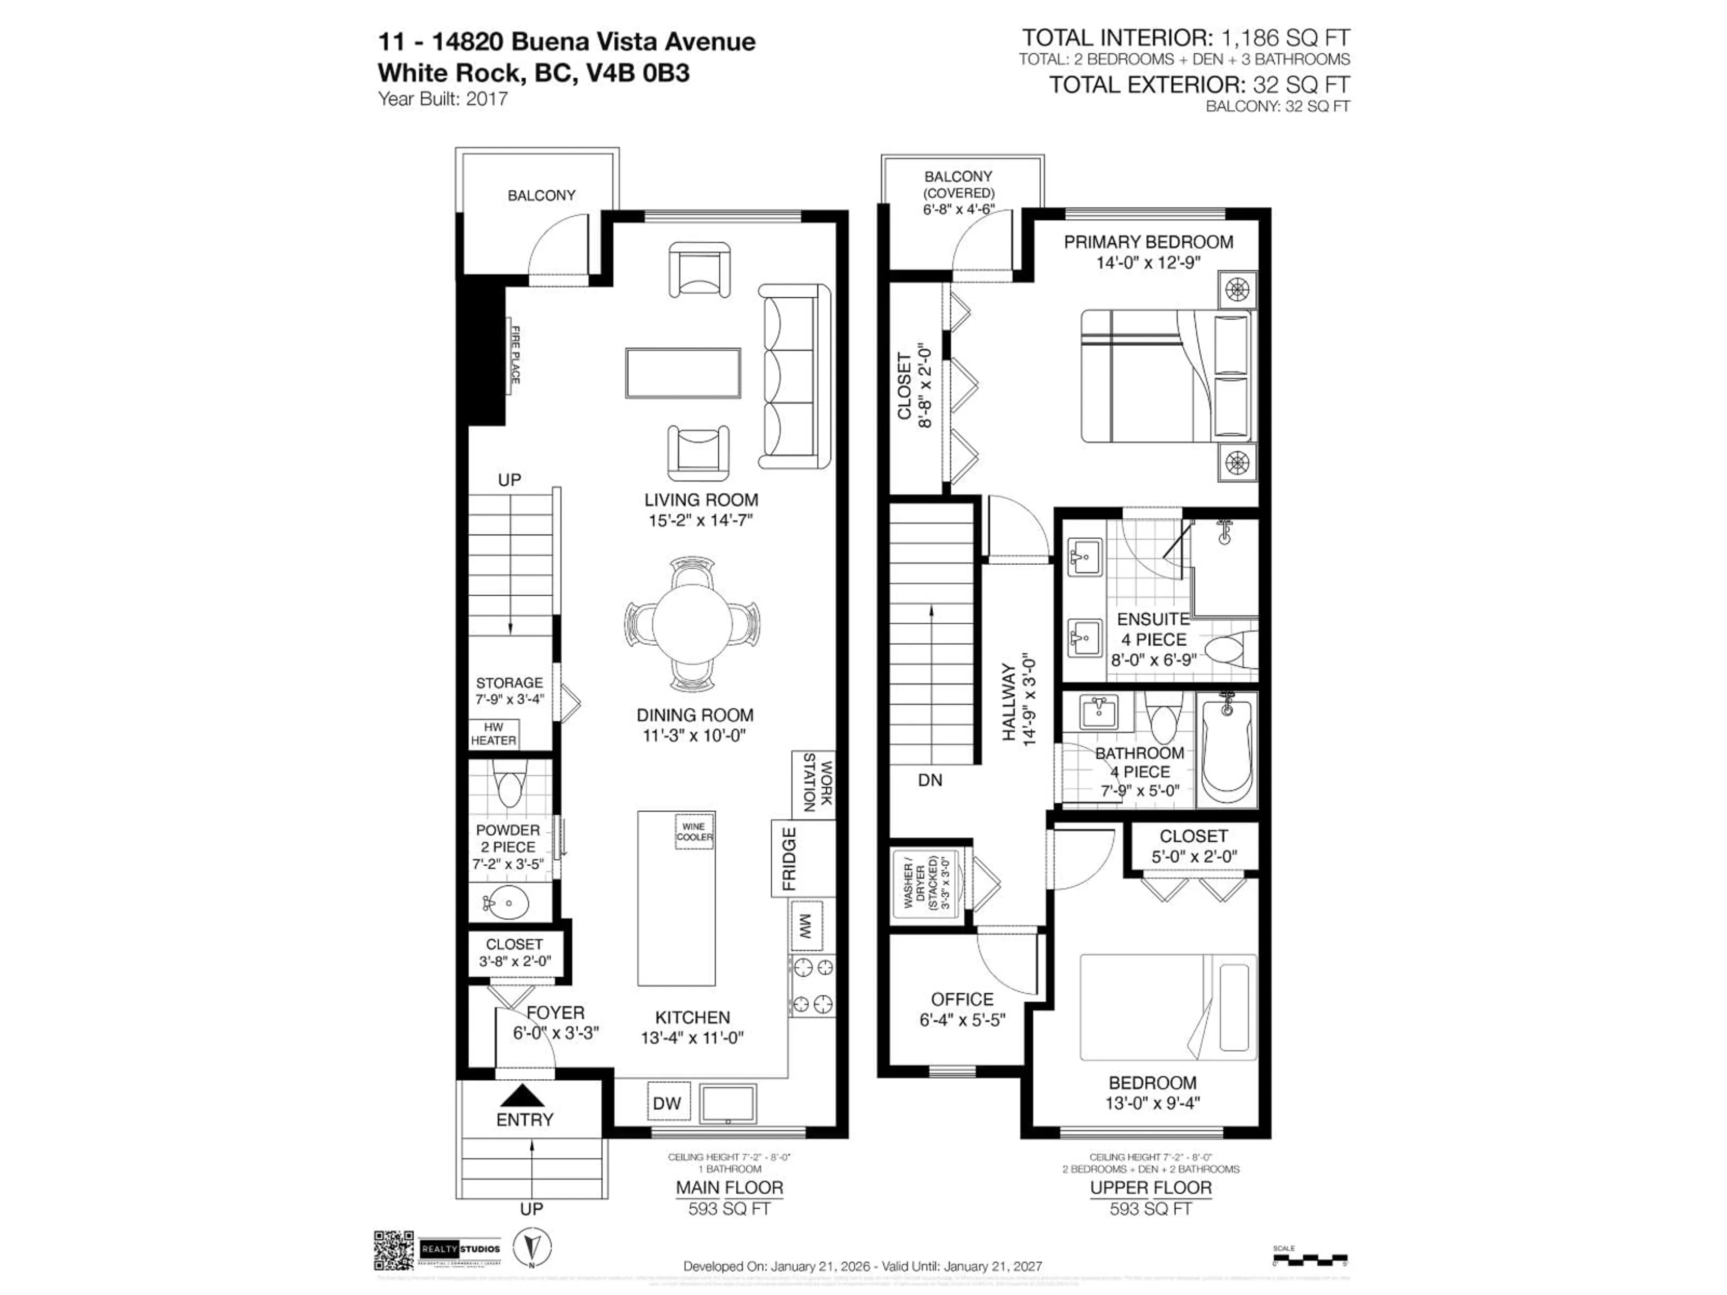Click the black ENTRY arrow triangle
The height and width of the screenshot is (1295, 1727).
(x=525, y=1095)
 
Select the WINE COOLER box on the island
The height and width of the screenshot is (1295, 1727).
(x=694, y=831)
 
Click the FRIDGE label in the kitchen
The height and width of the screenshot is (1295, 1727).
(x=789, y=859)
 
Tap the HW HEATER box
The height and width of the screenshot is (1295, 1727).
(x=493, y=734)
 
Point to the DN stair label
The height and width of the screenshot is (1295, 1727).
(x=930, y=780)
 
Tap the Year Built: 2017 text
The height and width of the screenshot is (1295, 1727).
(x=443, y=99)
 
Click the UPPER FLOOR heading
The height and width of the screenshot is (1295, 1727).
(x=1151, y=1187)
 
